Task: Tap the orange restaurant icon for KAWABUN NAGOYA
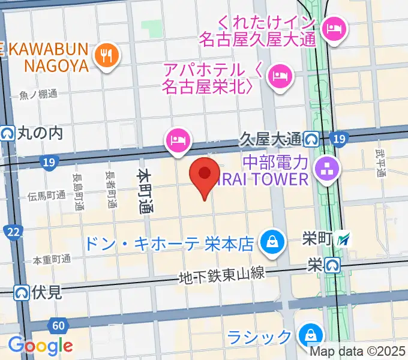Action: (107, 56)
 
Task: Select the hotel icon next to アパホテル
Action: (280, 75)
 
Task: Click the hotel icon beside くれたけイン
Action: (334, 28)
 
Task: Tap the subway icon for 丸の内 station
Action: (8, 133)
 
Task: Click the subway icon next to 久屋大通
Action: (311, 140)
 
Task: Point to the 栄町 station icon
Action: (344, 239)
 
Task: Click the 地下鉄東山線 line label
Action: (221, 275)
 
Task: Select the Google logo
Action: (40, 346)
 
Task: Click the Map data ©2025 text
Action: (356, 352)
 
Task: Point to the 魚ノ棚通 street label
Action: (38, 94)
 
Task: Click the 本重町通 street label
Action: (52, 260)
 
